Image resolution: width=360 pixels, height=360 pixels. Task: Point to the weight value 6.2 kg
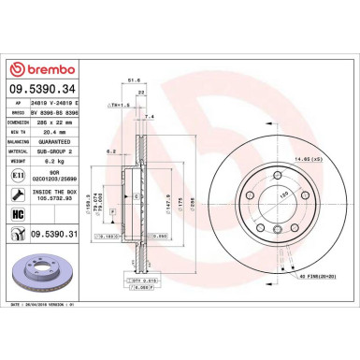59,159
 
